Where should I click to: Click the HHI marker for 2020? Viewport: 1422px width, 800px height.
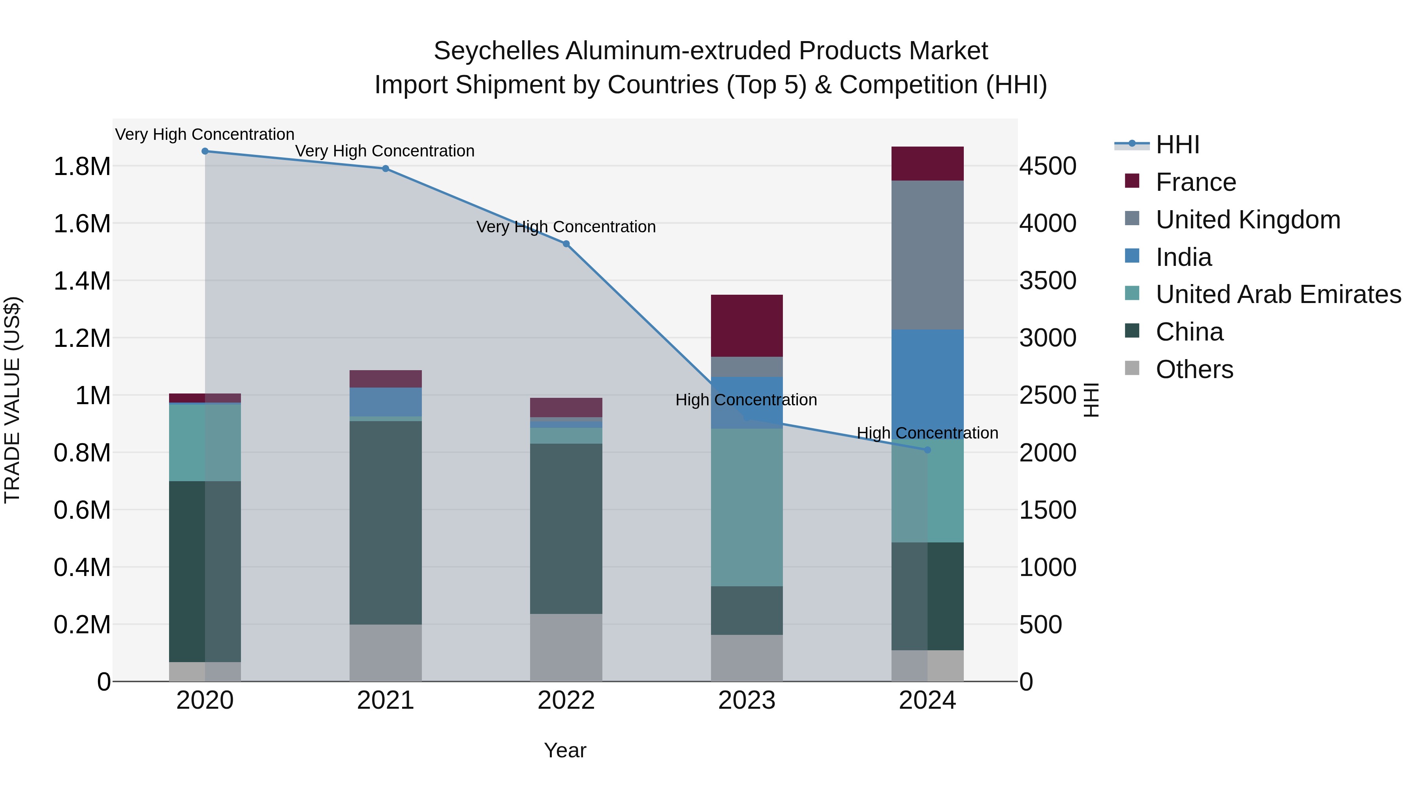point(205,151)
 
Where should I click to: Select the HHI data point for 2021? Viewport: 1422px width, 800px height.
point(385,168)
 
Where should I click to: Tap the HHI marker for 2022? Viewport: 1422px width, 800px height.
point(566,244)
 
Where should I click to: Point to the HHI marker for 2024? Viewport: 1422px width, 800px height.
point(927,450)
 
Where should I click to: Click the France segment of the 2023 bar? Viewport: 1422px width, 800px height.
point(746,326)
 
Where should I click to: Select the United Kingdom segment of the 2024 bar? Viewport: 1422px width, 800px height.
point(927,255)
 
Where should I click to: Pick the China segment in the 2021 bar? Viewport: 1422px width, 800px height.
point(385,523)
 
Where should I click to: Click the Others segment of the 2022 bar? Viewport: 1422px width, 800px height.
point(566,648)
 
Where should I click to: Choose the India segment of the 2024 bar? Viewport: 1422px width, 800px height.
point(927,381)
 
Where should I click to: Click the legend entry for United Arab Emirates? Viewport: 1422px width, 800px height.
point(1278,294)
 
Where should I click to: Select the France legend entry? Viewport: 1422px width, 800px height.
point(1195,182)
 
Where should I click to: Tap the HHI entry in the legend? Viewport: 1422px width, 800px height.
point(1177,145)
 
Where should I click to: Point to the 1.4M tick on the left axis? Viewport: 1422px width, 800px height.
point(82,281)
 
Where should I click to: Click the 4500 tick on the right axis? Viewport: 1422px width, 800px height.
point(1048,166)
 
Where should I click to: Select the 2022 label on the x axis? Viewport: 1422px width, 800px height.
point(566,700)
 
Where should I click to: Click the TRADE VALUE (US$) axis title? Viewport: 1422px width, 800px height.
point(12,400)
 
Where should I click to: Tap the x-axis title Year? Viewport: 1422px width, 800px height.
point(565,750)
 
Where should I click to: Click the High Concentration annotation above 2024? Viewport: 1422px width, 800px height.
point(927,433)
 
